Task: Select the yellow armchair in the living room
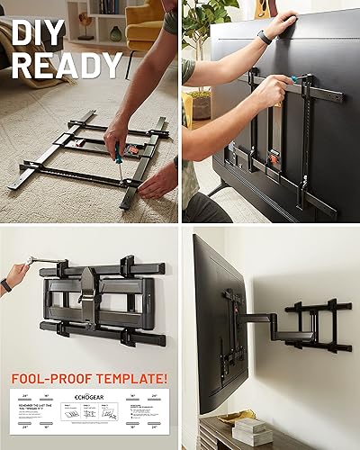[x=144, y=27]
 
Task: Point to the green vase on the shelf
[x=115, y=33]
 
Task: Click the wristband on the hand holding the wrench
[x=7, y=285]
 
